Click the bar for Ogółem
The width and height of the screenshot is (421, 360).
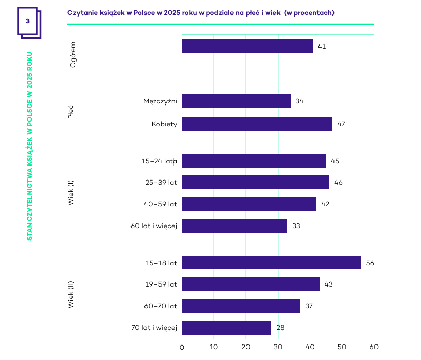(x=247, y=46)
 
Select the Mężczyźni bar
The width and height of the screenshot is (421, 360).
(x=236, y=101)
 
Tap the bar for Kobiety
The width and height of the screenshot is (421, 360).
(x=257, y=124)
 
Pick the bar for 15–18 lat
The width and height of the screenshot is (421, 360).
(x=271, y=263)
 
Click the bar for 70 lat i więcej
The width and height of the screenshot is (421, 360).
(x=226, y=327)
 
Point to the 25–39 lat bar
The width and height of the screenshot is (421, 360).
(x=255, y=183)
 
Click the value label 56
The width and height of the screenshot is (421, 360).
(x=370, y=263)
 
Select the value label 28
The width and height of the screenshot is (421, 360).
(x=280, y=327)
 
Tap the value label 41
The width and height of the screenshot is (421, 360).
(x=322, y=46)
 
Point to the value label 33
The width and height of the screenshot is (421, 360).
(x=296, y=226)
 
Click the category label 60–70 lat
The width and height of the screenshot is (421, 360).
(x=160, y=306)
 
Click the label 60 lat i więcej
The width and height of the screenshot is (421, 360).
(x=154, y=226)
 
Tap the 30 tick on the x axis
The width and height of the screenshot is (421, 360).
(x=278, y=347)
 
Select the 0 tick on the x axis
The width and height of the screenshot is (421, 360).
(x=182, y=347)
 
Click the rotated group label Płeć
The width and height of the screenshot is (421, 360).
(x=71, y=112)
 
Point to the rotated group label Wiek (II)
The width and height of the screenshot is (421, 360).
(x=71, y=295)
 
